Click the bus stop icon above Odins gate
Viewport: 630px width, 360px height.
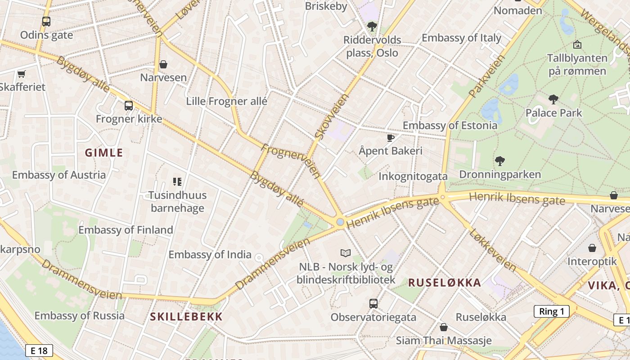click(46, 21)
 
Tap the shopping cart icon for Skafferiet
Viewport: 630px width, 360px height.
click(21, 74)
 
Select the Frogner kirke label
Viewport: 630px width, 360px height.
click(129, 119)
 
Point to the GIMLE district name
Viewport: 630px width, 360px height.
click(104, 153)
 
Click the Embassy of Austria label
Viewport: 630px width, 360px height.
click(59, 175)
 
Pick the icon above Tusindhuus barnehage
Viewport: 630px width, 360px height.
click(177, 182)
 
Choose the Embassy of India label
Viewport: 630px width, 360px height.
click(210, 254)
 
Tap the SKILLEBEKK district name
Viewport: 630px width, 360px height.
click(186, 316)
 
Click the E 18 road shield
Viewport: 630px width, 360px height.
click(39, 351)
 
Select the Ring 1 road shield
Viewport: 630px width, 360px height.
click(551, 311)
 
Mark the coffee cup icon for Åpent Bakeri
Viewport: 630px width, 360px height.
click(390, 138)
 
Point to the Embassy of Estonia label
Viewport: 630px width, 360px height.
click(450, 125)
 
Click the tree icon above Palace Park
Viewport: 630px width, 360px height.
click(553, 99)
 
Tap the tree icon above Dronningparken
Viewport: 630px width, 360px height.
click(499, 161)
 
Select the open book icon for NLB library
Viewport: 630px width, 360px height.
click(346, 253)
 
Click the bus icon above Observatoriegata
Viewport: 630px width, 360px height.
click(373, 303)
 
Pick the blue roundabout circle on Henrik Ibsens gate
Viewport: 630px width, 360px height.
click(340, 222)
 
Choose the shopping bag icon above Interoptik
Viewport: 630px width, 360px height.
click(592, 248)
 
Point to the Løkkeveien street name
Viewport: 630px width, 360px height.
click(492, 250)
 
